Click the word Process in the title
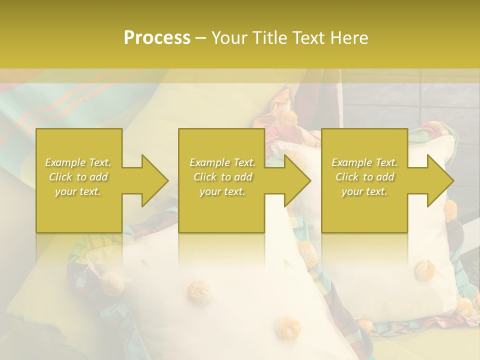point(157,38)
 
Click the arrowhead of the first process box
point(153,180)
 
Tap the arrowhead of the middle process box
point(295,180)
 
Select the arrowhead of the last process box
point(438,180)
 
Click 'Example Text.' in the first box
point(78,162)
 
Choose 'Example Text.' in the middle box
point(222,162)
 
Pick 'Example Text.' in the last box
point(364,162)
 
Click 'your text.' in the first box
point(78,191)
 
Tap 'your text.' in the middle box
point(222,191)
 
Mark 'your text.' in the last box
point(364,191)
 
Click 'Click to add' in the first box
point(78,177)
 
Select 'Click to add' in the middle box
point(222,177)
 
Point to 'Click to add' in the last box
point(364,177)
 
